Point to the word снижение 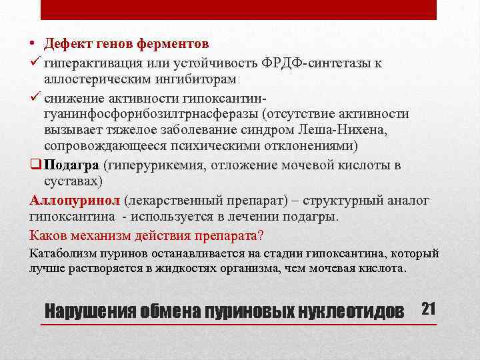click(73, 97)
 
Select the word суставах click(71, 182)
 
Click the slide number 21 click(428, 309)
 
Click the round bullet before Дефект click(33, 44)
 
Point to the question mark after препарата click(261, 235)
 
